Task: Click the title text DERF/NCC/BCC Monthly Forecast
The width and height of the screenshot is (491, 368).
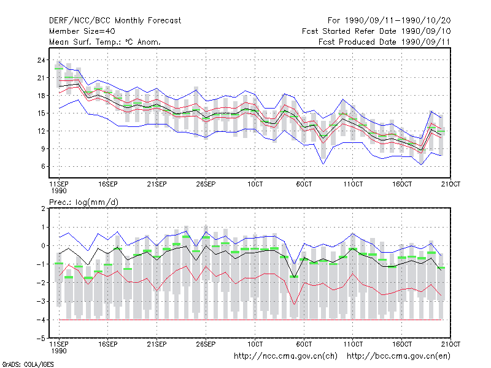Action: pos(115,21)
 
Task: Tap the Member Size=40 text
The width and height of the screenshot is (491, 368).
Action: pos(82,31)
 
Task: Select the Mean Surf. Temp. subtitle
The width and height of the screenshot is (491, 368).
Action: pos(104,42)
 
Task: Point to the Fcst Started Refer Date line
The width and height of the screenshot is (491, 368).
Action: pos(376,31)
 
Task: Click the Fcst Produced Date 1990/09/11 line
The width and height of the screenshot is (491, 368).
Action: pos(384,42)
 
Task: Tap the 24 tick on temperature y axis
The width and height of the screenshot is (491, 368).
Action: pos(41,60)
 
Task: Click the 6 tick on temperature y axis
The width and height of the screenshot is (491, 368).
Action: pos(43,166)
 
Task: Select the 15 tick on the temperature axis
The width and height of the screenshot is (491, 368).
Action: pos(41,113)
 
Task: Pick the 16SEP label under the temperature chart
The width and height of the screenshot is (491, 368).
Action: pos(108,184)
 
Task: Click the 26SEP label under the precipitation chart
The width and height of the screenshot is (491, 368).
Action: pos(206,344)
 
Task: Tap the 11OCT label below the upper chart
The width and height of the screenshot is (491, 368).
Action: pos(353,184)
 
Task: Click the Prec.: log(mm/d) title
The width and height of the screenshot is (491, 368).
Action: pos(83,202)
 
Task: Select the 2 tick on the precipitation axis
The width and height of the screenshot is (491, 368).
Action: pos(43,209)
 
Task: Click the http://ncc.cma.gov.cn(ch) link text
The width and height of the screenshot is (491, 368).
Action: pos(285,356)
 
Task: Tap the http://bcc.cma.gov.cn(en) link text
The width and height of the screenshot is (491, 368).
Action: pos(398,356)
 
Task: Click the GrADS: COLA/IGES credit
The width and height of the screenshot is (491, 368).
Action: pos(28,364)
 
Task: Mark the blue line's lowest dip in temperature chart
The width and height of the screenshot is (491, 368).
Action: pos(323,164)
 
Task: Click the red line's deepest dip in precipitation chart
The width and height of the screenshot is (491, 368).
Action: pos(294,304)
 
